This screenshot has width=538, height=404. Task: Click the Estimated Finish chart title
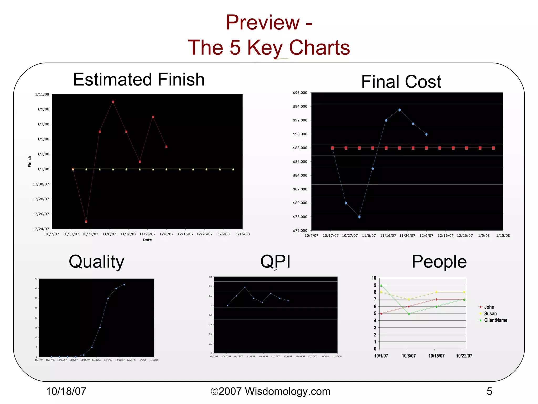(x=139, y=79)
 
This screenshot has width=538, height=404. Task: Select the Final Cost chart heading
(x=401, y=82)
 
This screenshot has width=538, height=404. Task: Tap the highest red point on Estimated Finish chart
(x=113, y=102)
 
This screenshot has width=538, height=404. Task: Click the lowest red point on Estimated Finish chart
(x=86, y=222)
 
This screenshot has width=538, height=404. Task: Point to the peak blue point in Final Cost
(x=399, y=110)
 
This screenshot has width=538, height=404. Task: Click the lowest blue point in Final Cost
(x=359, y=217)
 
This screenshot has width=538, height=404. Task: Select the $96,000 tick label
(x=300, y=93)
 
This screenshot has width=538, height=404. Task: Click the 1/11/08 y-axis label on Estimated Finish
(x=42, y=94)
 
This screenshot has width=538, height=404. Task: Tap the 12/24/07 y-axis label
(x=41, y=229)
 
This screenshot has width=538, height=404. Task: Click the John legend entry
(x=489, y=307)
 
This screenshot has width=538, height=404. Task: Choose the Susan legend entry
(x=490, y=314)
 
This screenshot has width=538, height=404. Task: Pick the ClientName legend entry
(x=495, y=320)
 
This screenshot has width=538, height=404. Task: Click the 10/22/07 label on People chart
(x=464, y=356)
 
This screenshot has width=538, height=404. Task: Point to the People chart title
(x=439, y=262)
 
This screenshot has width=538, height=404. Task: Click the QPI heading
(x=275, y=261)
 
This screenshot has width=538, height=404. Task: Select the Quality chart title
(x=96, y=262)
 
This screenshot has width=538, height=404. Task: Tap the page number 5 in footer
(x=489, y=391)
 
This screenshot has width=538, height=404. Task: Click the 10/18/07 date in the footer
(x=66, y=391)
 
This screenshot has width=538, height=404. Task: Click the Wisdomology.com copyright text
(x=271, y=391)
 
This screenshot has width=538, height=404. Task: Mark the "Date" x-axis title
(x=147, y=240)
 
